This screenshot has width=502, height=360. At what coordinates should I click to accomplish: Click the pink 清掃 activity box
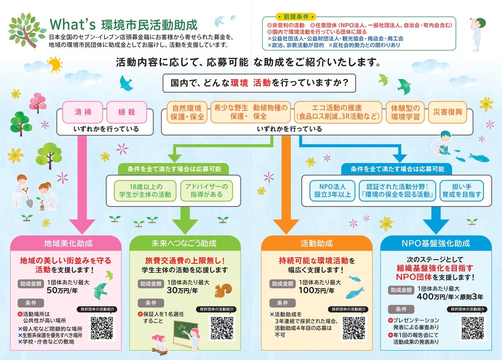[82, 112]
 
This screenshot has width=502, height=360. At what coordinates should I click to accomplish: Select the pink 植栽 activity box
[126, 112]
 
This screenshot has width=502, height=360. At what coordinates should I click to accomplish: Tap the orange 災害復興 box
[448, 112]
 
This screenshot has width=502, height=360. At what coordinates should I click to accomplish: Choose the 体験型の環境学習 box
[405, 112]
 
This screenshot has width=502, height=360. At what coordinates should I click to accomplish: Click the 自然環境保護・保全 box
[187, 112]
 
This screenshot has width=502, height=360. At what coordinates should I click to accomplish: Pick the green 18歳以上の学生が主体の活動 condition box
[145, 191]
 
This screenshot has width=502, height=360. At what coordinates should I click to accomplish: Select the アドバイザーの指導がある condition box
[206, 191]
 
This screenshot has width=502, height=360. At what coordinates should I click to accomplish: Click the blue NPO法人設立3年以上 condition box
[332, 191]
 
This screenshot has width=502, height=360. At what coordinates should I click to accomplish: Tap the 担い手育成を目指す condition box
[462, 191]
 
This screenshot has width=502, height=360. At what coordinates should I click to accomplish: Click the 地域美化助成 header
[68, 243]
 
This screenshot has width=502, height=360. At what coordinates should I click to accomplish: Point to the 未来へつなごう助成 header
[184, 243]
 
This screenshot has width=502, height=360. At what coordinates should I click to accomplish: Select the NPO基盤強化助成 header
[436, 243]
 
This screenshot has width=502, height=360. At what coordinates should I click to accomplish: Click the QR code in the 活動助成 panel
[354, 328]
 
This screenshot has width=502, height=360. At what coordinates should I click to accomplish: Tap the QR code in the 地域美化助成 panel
[102, 328]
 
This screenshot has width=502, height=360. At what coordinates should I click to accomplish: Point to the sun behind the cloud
[55, 64]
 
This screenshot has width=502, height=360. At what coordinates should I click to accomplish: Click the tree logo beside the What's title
[27, 30]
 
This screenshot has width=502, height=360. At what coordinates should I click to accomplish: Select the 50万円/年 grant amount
[62, 290]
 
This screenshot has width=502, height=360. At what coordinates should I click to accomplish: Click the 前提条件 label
[296, 17]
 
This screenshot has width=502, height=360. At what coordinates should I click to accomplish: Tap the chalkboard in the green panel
[186, 332]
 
